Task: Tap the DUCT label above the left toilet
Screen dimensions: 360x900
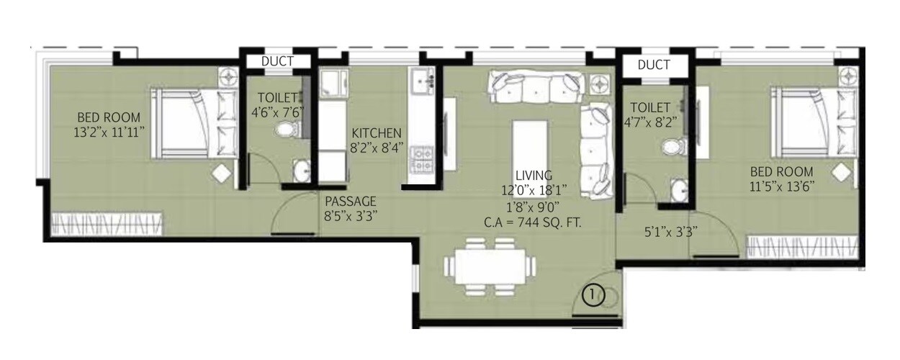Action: (277, 61)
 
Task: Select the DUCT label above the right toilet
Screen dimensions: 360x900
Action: (654, 65)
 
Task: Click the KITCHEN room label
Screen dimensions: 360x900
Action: (376, 133)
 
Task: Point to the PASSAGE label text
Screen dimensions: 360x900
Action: (350, 201)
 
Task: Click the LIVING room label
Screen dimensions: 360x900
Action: (534, 175)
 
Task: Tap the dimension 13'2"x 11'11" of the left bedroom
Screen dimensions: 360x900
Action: (109, 132)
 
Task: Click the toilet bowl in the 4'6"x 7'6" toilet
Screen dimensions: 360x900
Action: (287, 131)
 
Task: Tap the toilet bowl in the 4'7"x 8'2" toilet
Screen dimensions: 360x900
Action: (670, 148)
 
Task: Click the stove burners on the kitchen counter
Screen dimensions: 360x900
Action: (421, 162)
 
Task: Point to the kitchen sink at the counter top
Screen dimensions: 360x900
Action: (421, 80)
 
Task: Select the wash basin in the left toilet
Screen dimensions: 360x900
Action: (302, 171)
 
